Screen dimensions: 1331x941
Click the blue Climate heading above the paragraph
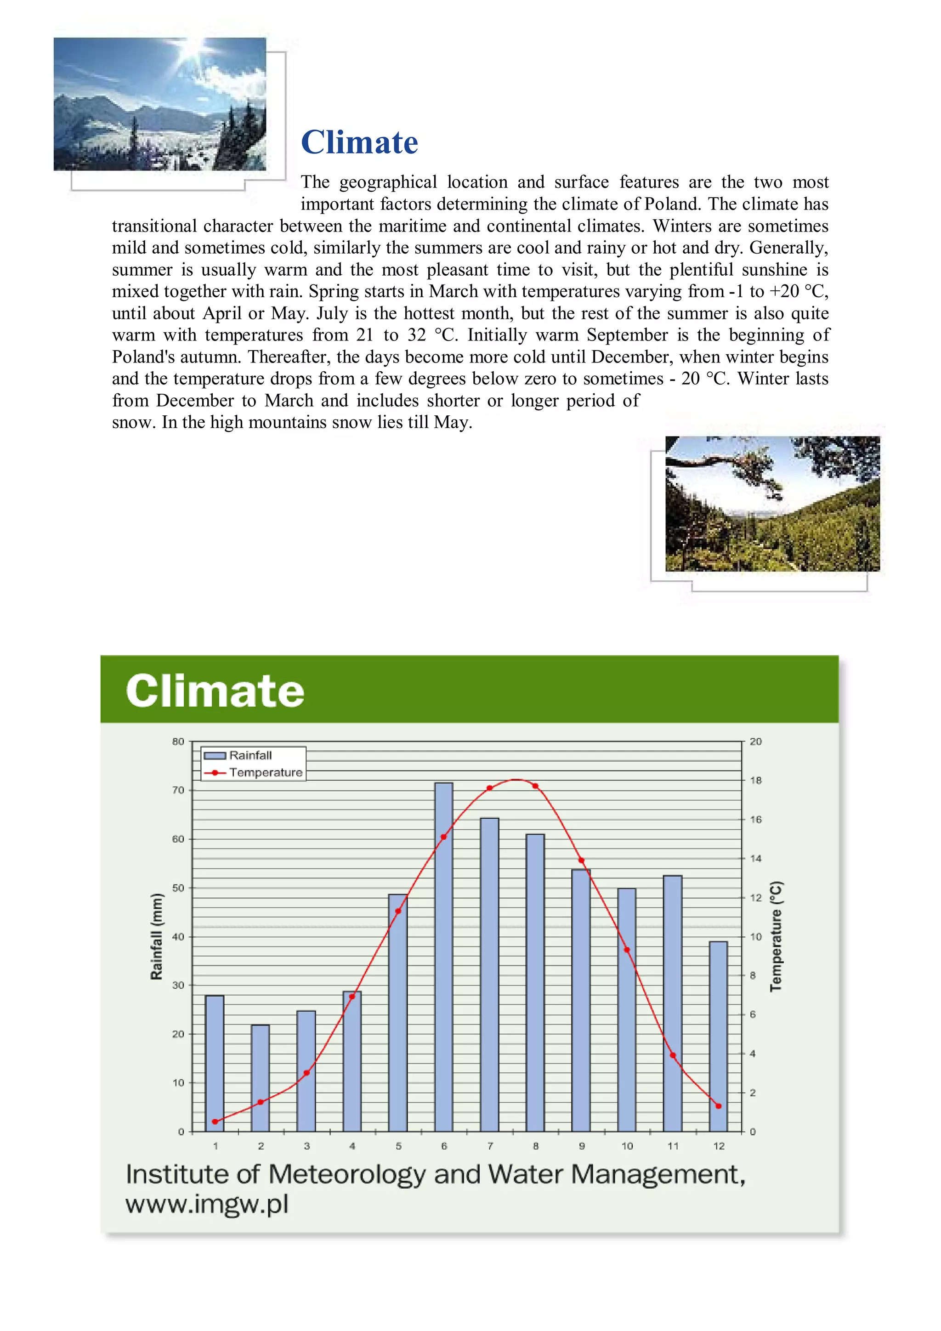[x=359, y=142]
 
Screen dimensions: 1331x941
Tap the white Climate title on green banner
[x=215, y=691]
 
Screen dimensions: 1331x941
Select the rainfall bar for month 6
[x=443, y=957]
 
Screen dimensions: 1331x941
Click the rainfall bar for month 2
[x=261, y=1078]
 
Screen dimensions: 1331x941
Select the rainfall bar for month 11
[x=673, y=1003]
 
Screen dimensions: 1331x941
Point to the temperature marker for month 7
[x=489, y=788]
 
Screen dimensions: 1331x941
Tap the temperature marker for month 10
[x=627, y=950]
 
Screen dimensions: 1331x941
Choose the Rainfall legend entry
[x=250, y=755]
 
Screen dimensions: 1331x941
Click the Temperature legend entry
[x=265, y=773]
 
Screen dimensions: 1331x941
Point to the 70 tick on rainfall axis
[x=178, y=790]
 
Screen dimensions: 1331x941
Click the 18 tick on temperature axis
[x=755, y=780]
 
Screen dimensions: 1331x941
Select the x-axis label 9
[x=582, y=1146]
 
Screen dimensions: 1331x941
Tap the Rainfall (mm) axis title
[x=157, y=936]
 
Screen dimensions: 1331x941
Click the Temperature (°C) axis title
[x=776, y=936]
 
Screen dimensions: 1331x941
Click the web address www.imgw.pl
[x=207, y=1204]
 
